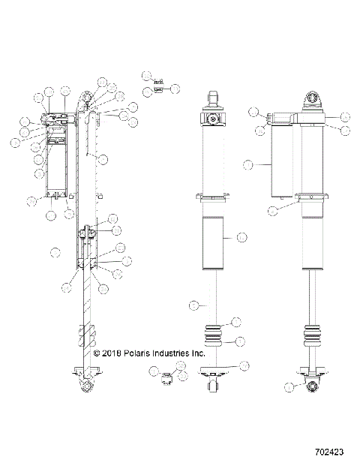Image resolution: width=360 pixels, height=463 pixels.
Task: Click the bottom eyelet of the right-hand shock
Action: (x=311, y=386)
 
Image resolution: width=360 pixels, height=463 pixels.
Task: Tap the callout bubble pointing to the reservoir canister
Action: (x=248, y=163)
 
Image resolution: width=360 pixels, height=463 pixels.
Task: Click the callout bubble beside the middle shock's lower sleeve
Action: (x=241, y=238)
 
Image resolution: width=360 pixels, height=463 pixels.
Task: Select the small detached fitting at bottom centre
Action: (x=167, y=376)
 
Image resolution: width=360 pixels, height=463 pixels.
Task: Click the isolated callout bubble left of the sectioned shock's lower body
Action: (x=54, y=251)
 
